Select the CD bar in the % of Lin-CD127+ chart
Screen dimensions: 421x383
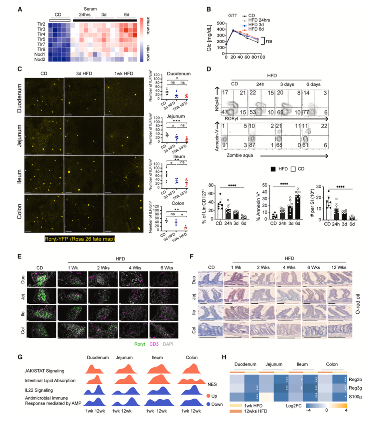(x=220, y=211)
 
